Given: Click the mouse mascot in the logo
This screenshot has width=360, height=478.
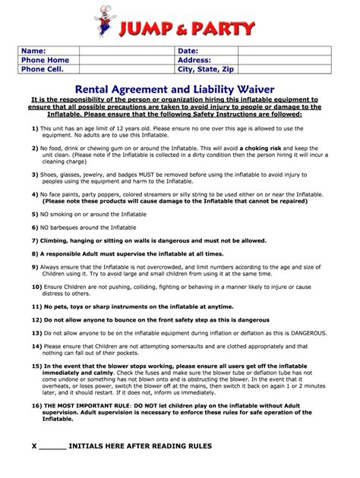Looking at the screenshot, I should coord(103,20).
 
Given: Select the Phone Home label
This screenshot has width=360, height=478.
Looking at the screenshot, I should coord(45,58).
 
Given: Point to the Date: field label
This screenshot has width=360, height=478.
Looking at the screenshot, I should coord(188,49).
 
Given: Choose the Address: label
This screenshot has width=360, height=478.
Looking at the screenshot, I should coord(194,58).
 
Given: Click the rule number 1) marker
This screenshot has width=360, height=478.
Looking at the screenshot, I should coord(35,129).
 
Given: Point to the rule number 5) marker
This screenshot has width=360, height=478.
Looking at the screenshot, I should coord(35,214).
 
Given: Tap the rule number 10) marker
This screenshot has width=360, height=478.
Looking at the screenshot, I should coord(36,287).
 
